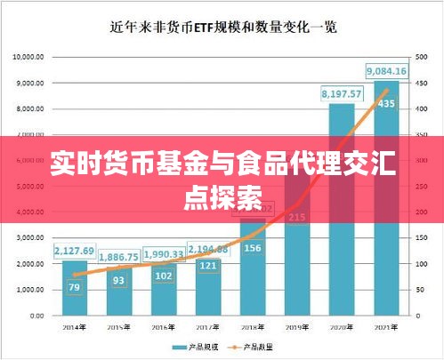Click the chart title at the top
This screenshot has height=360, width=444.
(x=222, y=27)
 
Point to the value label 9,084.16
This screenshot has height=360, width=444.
(x=386, y=71)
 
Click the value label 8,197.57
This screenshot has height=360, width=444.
(x=342, y=93)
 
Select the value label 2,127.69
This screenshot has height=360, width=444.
(x=75, y=251)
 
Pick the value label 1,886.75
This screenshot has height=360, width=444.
(x=119, y=257)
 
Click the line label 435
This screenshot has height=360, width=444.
(x=386, y=103)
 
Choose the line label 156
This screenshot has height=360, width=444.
(x=253, y=248)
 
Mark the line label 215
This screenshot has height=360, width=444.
(x=297, y=217)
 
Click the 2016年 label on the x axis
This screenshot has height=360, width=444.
(x=164, y=328)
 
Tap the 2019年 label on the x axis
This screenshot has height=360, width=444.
(x=297, y=328)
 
